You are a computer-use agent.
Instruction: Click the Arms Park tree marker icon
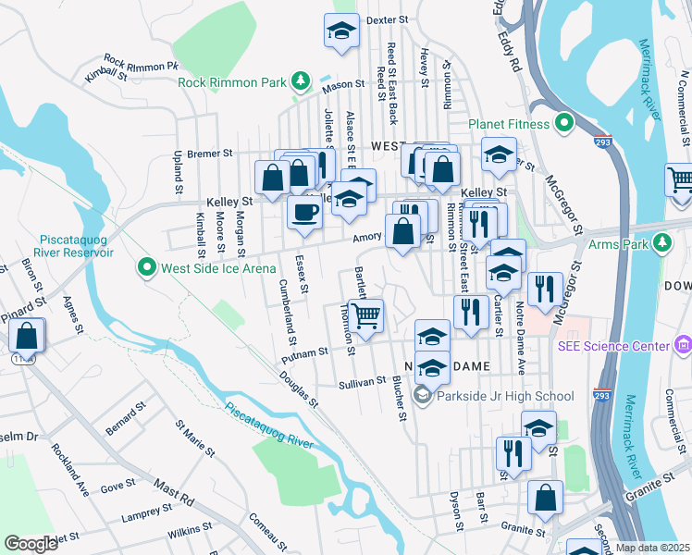pos(661,245)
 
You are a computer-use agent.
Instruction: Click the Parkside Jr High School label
pos(507,396)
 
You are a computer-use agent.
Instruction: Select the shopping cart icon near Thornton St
pos(366,315)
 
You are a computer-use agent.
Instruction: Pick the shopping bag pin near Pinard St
pos(27,336)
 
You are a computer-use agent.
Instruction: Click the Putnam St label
pos(305,352)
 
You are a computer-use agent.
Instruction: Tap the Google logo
pos(31,543)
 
